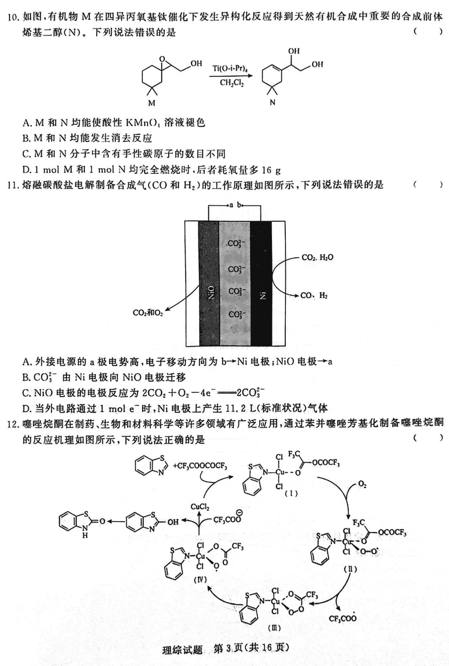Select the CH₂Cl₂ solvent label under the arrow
(231, 82)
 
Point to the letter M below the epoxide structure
(152, 103)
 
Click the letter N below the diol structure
(272, 102)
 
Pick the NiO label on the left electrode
(211, 292)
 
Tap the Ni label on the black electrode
(262, 296)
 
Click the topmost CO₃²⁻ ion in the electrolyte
(236, 243)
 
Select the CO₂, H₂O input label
(317, 257)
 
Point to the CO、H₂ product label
(314, 296)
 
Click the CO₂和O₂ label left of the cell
(148, 313)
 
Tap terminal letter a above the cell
(231, 205)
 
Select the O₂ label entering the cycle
(362, 484)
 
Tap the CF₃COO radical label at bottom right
(343, 618)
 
